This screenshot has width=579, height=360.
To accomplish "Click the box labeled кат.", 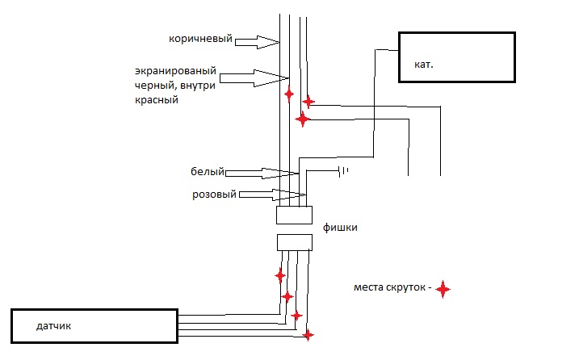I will point(456,57).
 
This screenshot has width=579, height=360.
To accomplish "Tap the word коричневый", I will point(201,38).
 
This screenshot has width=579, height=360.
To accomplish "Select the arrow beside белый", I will point(262,173).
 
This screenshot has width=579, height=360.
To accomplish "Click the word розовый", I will point(214,195).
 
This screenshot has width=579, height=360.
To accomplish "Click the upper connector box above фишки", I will point(294,216).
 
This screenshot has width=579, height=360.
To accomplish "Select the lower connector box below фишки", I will point(294,243).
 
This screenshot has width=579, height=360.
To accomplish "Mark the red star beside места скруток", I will point(443,288).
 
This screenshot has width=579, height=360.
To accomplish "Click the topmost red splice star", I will point(289,94).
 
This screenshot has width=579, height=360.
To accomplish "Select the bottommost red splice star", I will point(307,334).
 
